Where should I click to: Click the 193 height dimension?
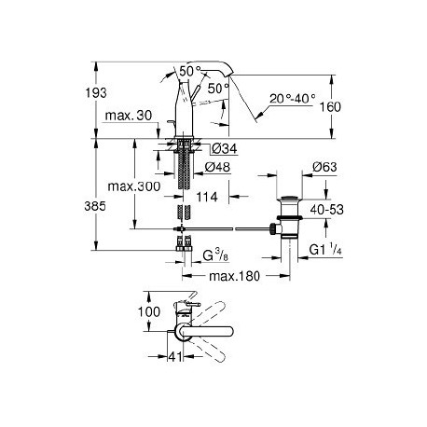pos(96,92)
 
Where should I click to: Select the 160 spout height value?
pos(330,107)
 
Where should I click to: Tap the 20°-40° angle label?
pos(292,99)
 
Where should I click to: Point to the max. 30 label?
pos(129,116)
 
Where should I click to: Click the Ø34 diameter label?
pos(224,148)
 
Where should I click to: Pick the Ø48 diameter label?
pos(217,167)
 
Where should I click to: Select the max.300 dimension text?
pos(134,186)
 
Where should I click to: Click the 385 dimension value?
pos(95,206)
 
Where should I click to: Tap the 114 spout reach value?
pos(207,197)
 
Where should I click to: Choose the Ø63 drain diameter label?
pos(324,167)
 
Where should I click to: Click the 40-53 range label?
pos(327,210)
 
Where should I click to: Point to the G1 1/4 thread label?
pos(325,250)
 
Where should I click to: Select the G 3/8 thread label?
pos(215,255)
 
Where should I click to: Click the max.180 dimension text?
pos(234,276)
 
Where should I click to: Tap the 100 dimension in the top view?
pos(149,311)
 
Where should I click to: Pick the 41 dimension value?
pos(175,357)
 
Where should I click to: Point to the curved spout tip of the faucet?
pos(230,71)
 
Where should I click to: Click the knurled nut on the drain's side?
pos(272,228)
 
